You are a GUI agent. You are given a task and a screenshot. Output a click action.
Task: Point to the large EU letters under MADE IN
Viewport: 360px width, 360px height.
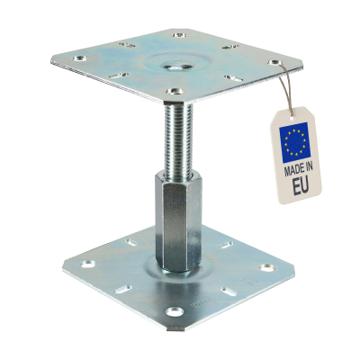[x=299, y=188]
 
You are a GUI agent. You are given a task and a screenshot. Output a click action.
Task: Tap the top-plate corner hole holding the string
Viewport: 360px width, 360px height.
[x=273, y=63]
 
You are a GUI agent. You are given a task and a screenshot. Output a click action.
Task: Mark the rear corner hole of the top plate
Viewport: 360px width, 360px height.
[x=181, y=35]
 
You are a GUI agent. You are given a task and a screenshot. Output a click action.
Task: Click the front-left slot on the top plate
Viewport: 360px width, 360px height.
[x=121, y=76]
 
